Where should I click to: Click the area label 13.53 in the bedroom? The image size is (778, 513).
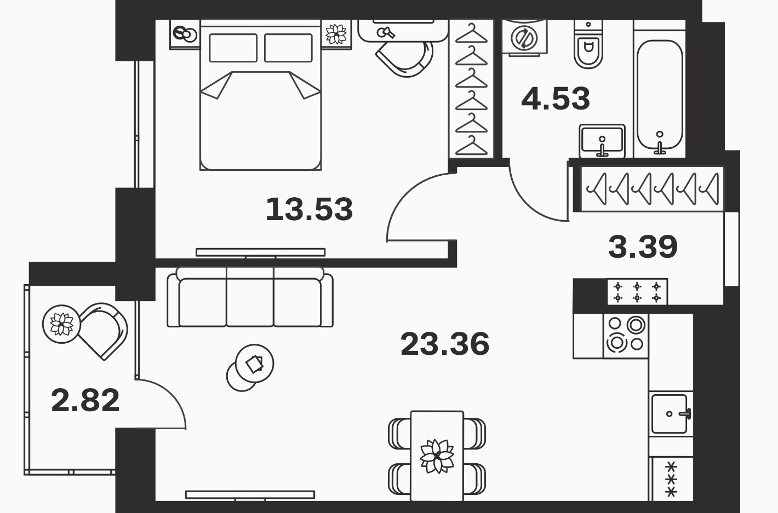[309, 209]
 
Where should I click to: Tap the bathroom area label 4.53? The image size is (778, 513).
[556, 99]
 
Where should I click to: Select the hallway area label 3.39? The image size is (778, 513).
[643, 247]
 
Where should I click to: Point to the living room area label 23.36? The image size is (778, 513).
[445, 344]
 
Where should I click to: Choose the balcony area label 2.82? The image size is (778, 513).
[85, 401]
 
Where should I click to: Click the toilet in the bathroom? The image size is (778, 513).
[588, 44]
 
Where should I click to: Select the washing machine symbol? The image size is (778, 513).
[524, 37]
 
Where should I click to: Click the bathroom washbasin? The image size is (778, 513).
[602, 141]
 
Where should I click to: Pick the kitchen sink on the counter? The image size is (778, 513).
[671, 414]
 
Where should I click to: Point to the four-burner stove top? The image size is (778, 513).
[626, 336]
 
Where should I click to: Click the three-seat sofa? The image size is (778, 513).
[250, 297]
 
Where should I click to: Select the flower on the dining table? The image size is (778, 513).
[437, 456]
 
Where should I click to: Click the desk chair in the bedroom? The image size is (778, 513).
[405, 58]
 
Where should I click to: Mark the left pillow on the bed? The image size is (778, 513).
[233, 48]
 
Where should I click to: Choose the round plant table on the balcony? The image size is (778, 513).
[61, 324]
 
